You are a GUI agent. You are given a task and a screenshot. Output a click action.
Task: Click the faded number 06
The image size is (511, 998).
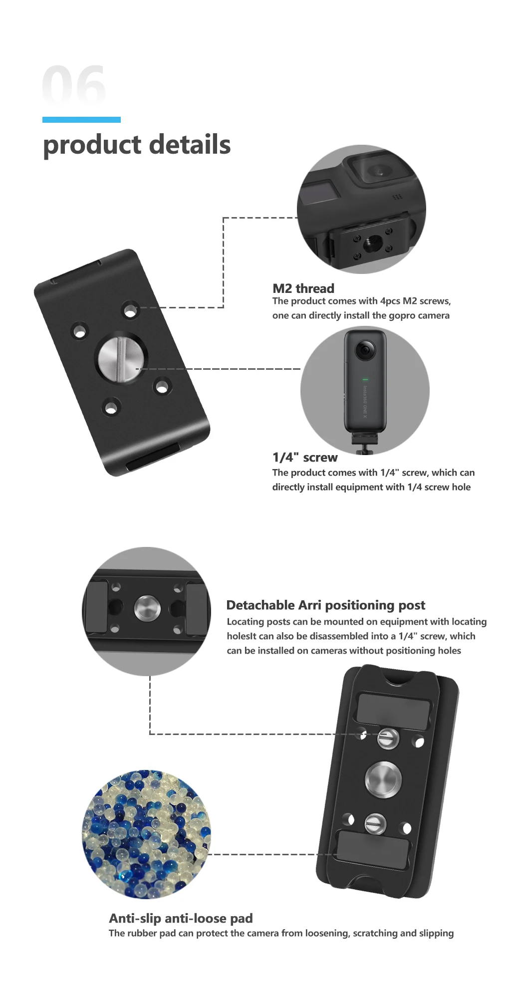pos(74,85)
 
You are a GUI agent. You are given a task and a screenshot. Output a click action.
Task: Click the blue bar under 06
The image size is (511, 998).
pos(81,120)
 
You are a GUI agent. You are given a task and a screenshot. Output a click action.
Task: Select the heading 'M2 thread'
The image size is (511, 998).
pos(303,288)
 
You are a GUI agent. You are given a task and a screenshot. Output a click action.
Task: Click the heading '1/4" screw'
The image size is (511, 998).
pos(304,458)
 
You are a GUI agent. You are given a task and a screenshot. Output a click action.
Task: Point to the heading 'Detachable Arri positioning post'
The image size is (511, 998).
pos(325,605)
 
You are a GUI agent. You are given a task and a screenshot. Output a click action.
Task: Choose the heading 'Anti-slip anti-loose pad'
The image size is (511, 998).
pos(181,918)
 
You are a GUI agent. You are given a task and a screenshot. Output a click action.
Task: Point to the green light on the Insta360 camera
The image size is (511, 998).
pos(365,380)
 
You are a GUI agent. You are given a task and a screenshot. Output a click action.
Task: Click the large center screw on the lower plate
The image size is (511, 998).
pos(383,779)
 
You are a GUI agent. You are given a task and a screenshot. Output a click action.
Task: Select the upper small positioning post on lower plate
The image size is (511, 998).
pos(388,738)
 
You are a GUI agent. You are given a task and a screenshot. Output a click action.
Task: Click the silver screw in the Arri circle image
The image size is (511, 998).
pos(147,608)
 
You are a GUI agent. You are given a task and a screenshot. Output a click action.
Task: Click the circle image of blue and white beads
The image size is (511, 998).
pos(146,834)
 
